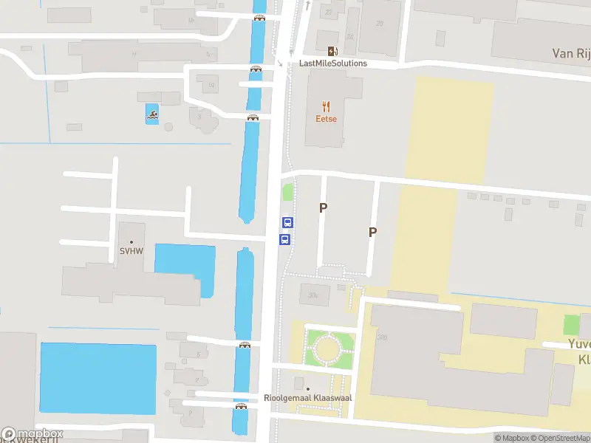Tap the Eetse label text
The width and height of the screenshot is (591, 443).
pos(326,119)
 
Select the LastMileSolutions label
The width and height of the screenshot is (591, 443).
pos(332,63)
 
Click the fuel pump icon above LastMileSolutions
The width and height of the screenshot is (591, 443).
pos(332,51)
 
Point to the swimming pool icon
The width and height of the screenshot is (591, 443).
pos(152,114)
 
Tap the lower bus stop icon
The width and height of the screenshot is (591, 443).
pos(284,239)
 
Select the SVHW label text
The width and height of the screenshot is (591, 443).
pos(131,252)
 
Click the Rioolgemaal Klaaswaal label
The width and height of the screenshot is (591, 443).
pos(308,398)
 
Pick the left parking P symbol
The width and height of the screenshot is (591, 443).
pos(323,208)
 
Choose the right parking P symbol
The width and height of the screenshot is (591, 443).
pos(373,232)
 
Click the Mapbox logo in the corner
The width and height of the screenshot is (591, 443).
pos(33,434)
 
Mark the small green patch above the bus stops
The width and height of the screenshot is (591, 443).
pos(287,193)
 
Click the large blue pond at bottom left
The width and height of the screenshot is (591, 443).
pos(98,378)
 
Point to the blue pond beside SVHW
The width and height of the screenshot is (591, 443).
pos(185,267)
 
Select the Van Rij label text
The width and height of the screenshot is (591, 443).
pos(571,53)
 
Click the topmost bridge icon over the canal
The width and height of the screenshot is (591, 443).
pos(259,18)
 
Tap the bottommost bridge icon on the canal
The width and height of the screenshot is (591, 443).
pos(241,406)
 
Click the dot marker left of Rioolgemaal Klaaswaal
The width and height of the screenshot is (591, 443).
pos(308,389)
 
